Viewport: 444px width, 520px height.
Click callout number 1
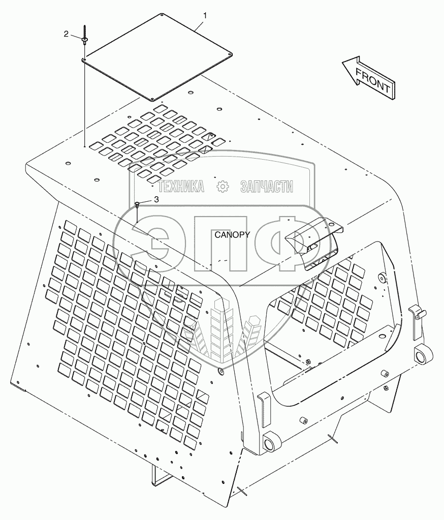[x=205, y=16]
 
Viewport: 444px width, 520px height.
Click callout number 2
[x=66, y=34]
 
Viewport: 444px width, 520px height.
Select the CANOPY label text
[x=232, y=235]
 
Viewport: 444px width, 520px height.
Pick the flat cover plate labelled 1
[x=157, y=56]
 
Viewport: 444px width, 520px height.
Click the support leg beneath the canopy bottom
[x=159, y=476]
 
